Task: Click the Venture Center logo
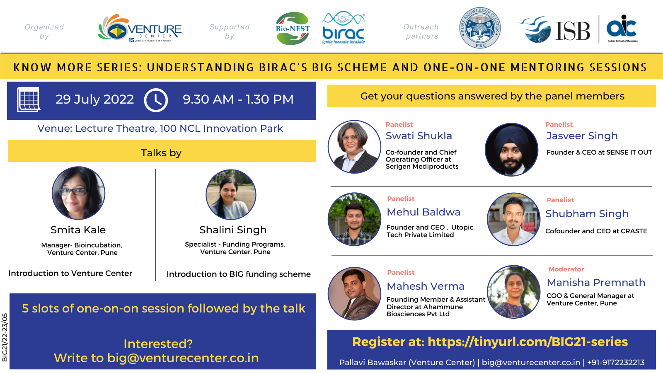point(140,29)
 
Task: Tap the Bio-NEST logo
point(293,29)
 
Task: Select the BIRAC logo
point(344,28)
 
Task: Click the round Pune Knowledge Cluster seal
point(480,28)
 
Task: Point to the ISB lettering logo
point(572,31)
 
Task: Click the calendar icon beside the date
point(29,99)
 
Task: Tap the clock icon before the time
point(156,100)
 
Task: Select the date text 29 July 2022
point(95,99)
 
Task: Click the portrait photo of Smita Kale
point(78,193)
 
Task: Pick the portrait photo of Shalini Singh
point(231,194)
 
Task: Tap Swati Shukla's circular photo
point(354,147)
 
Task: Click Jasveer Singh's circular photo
point(512,150)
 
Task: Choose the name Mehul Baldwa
point(423,212)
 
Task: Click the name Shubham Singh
point(587,214)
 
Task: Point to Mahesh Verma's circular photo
point(354,294)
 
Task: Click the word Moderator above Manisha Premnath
point(566,269)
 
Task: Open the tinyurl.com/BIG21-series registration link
point(528,342)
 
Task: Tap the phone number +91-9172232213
point(616,362)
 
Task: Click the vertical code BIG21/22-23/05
point(5,337)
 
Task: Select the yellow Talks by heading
point(162,151)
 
